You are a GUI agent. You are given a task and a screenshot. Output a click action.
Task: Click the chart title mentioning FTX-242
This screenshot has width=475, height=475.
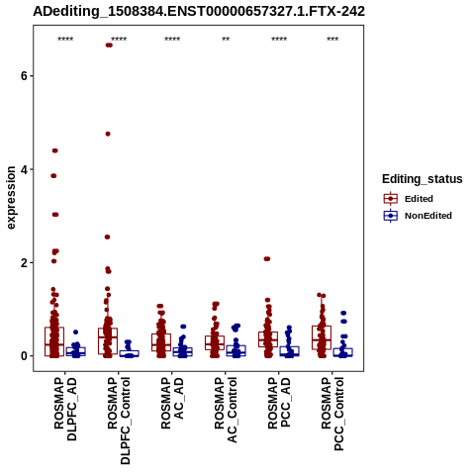(199, 11)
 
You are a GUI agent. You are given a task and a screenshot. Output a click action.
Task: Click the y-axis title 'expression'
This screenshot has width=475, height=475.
(11, 198)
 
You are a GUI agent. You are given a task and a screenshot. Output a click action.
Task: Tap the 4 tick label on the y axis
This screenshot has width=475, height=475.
(24, 169)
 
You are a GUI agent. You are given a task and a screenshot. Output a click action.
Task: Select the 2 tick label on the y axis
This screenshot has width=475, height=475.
(24, 263)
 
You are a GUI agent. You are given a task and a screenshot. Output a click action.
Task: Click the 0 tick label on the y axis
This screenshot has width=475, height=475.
(24, 356)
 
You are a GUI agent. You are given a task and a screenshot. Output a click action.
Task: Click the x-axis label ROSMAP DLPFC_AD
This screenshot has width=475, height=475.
(65, 409)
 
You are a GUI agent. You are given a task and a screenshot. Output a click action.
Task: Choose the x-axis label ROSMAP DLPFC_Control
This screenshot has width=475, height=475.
(119, 421)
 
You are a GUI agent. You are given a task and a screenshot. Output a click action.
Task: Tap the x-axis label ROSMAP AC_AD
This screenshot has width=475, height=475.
(172, 403)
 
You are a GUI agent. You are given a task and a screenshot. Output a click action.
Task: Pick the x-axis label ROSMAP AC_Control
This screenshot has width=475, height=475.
(226, 410)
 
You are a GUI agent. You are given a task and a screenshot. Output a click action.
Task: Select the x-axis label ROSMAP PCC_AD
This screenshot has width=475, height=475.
(279, 403)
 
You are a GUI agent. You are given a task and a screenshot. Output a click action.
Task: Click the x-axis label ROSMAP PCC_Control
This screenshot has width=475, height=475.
(332, 414)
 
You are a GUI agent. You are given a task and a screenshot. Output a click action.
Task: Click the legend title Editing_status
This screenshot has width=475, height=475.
(423, 179)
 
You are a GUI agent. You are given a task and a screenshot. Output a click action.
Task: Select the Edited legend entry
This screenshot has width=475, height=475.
(409, 199)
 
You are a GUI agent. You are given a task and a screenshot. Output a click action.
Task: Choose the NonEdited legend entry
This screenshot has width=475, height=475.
(418, 216)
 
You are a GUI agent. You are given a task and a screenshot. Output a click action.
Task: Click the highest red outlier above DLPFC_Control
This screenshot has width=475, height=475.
(109, 46)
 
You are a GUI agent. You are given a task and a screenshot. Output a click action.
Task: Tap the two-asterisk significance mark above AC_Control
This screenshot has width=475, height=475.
(226, 39)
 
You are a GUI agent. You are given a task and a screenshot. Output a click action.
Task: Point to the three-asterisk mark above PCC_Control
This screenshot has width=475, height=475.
(332, 39)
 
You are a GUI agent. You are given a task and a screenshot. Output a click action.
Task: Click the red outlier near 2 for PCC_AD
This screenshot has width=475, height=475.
(267, 259)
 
